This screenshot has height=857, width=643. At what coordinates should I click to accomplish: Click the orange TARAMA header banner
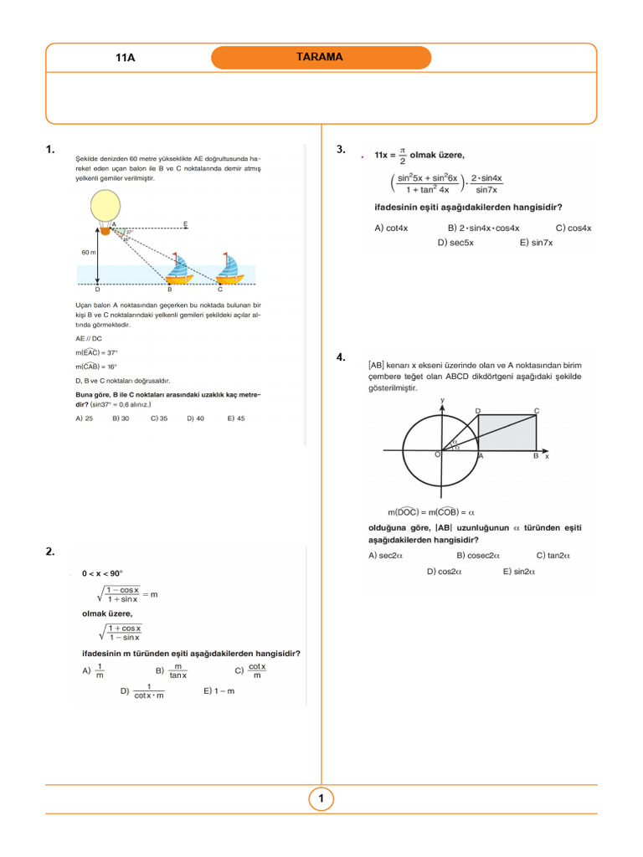point(321,58)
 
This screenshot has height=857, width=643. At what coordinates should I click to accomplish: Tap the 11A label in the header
point(125,59)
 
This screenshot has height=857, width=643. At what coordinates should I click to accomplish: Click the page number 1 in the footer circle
point(321,799)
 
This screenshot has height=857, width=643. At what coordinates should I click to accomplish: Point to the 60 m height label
point(88,252)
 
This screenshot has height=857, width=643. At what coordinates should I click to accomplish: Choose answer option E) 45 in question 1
point(236,418)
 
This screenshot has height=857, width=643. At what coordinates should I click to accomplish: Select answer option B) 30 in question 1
point(121,418)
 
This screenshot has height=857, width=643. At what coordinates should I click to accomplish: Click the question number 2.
point(51,551)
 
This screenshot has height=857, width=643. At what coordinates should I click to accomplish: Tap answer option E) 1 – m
point(219,691)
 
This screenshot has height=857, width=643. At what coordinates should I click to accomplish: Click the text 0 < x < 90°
point(102,573)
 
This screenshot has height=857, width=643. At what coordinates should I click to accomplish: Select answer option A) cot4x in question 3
point(391,228)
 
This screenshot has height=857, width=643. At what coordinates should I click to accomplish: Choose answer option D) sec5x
point(455,243)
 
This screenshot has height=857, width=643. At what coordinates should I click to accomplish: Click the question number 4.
point(341,357)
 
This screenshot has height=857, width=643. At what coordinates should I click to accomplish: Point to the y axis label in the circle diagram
point(441,401)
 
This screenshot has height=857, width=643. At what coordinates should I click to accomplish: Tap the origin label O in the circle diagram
point(437,454)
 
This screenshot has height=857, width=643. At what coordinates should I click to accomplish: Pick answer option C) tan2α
point(553,555)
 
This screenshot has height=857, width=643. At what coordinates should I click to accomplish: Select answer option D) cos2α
point(445,572)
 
